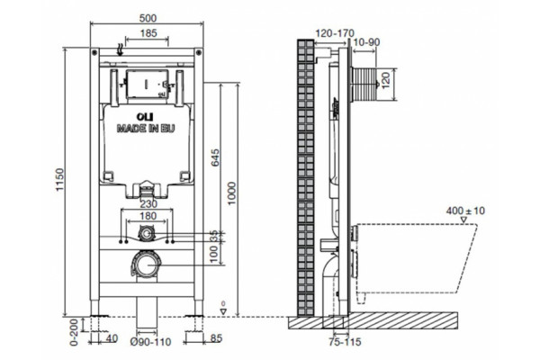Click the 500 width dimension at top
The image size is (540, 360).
(148, 18)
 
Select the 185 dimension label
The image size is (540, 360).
(148, 33)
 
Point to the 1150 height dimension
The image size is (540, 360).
(60, 179)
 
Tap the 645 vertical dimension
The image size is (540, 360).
(215, 157)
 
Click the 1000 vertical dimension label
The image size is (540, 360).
(232, 193)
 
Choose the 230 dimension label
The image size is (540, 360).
(148, 204)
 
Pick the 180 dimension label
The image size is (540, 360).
(148, 216)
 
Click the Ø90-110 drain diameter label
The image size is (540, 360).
(150, 342)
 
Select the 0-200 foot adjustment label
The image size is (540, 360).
(74, 332)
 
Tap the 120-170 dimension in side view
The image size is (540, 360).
(335, 33)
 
